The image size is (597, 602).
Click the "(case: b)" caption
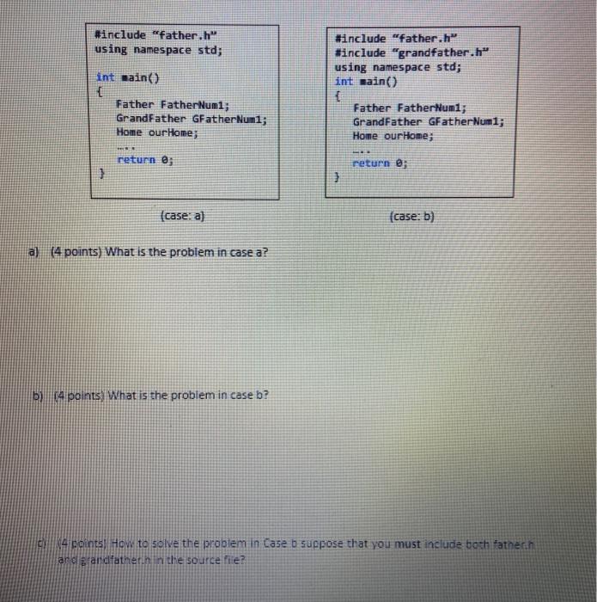[x=412, y=216]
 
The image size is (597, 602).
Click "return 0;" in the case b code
[x=382, y=163]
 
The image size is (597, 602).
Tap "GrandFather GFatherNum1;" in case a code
[x=191, y=118]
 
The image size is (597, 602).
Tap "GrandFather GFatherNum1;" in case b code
[x=428, y=122]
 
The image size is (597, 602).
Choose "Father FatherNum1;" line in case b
[x=409, y=108]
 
